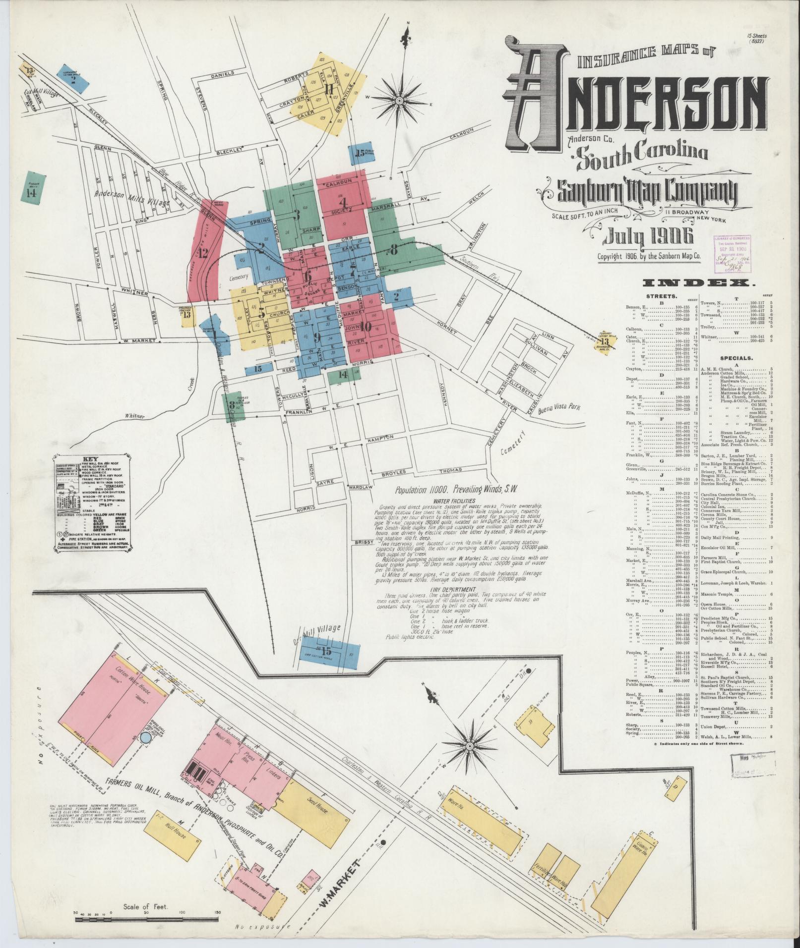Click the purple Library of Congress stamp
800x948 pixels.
point(732,254)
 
